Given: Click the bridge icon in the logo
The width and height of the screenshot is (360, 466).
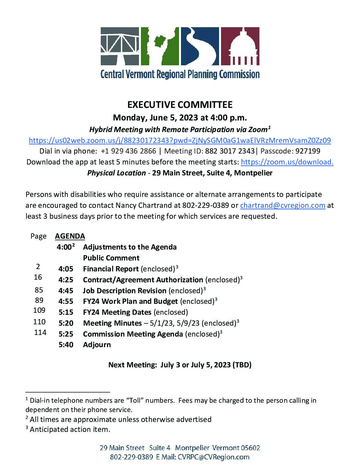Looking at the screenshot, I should tap(120, 46).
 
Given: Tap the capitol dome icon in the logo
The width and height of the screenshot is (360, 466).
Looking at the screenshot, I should tap(240, 46).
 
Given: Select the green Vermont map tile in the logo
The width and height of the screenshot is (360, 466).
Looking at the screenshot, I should tap(160, 46).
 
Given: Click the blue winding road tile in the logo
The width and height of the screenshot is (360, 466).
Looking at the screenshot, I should tap(200, 46).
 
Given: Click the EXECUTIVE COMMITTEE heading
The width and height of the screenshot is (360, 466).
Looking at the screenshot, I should tap(180, 105).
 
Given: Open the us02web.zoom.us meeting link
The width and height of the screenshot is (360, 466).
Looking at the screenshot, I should tap(180, 140).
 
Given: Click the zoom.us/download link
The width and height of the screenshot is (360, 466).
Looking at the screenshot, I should tap(287, 162).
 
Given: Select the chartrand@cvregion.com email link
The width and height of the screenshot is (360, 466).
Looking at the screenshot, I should tap(283, 205).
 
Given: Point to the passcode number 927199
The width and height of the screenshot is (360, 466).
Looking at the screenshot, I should tap(308, 151).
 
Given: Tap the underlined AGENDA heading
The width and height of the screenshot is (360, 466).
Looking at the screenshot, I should tap(70, 236).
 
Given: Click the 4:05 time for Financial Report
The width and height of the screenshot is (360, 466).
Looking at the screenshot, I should tap(66, 269).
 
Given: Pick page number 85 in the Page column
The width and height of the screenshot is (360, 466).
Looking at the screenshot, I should tap(39, 290).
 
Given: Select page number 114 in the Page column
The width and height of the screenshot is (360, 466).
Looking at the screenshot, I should tap(40, 333).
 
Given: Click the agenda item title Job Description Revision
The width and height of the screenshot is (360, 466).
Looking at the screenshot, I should tap(125, 291).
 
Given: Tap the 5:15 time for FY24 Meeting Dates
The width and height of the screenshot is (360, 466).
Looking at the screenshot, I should tap(66, 312).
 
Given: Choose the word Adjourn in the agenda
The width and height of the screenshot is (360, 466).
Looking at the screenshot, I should tap(97, 345).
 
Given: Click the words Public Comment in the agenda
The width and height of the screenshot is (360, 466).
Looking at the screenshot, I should tap(111, 258).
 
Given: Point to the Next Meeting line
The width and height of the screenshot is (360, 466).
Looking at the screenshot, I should tap(180, 365).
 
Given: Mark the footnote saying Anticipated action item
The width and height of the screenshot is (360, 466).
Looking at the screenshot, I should tap(70, 430).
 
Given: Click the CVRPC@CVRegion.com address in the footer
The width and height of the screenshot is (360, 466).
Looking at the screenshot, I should tap(213, 457).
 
